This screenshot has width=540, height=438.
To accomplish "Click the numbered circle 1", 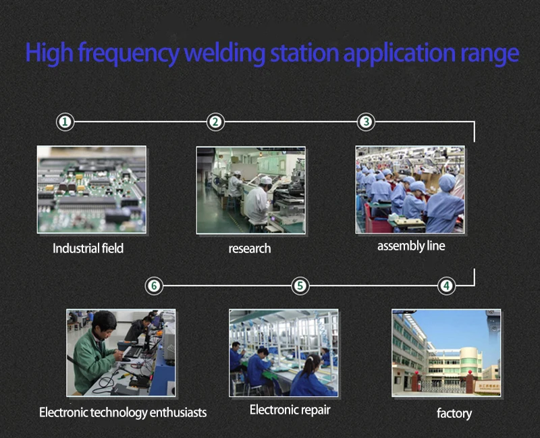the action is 65,121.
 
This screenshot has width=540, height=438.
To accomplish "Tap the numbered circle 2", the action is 215,121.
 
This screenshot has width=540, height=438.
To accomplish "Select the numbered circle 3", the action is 366,121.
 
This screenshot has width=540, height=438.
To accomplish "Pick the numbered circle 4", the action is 447,285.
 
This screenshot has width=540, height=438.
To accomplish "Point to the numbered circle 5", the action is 300,285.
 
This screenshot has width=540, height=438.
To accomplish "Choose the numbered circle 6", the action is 154,285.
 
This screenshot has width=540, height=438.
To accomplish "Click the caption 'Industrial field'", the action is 88,248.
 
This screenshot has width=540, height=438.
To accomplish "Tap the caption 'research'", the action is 250,248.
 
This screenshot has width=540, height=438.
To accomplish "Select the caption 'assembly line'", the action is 411,246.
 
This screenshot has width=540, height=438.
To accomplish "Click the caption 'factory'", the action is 454,413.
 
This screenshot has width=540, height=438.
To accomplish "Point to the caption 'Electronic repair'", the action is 290,410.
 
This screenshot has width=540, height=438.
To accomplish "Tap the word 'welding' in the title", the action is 225,54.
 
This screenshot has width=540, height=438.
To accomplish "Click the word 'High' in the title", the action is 49,53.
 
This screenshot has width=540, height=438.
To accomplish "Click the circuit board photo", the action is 92,190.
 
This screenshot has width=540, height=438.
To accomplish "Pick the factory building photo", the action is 446,353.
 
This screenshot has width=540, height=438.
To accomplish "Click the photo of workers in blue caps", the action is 410,190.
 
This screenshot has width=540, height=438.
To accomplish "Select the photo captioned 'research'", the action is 250,190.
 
